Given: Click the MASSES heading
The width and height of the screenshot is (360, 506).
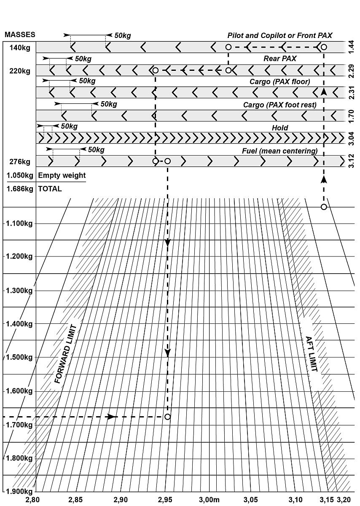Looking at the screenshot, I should point(20,35).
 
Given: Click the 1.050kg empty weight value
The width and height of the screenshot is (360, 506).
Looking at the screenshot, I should point(20,175).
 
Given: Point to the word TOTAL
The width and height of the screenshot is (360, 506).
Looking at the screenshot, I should point(50,189).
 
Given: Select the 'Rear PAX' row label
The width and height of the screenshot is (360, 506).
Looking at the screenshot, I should point(280,59).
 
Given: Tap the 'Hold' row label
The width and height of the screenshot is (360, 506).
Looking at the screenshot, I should point(280,128).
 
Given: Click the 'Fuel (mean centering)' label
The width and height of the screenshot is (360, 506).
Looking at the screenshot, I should point(279,151).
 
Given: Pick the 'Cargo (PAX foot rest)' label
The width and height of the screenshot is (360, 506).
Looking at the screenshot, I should point(279,105).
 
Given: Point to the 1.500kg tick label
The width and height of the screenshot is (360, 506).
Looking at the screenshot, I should point(19,357).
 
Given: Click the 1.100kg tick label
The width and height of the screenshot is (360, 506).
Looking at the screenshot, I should point(19,223).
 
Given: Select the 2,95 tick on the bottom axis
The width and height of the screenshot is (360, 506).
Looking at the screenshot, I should point(165,500).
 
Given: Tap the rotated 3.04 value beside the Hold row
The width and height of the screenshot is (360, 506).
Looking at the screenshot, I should point(351,138).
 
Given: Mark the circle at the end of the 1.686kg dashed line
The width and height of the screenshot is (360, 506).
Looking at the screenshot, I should point(167,417).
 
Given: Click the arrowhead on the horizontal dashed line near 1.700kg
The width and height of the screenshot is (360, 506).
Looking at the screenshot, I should point(111,417).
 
